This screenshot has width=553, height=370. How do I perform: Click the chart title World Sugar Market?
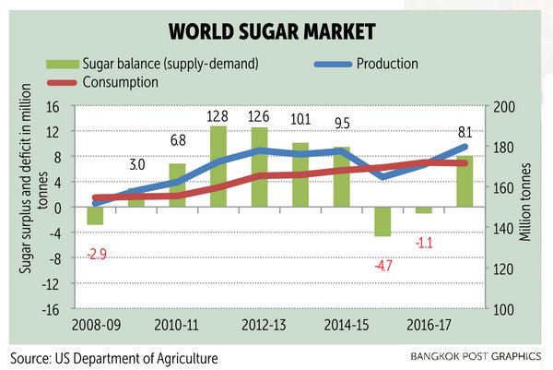coord(276,32)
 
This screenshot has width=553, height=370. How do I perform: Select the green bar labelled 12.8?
coord(218,166)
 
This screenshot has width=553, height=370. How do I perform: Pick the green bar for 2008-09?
coord(95,216)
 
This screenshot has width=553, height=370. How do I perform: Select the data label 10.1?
coord(302,118)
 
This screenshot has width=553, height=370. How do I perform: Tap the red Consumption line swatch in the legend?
coord(63,83)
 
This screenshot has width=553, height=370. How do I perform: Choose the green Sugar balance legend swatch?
coord(63,65)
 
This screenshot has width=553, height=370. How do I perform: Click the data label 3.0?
coord(136,166)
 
